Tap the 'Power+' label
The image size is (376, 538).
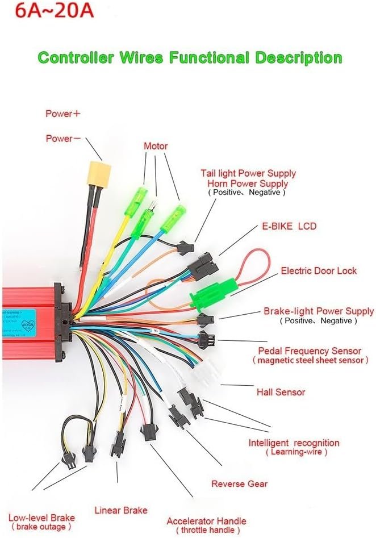(63, 114)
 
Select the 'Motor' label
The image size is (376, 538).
(156, 146)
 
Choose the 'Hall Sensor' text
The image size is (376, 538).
(281, 392)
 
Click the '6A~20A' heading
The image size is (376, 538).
(46, 11)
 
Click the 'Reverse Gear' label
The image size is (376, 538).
(239, 484)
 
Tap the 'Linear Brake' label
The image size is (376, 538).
(120, 510)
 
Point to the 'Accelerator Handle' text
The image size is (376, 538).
(206, 521)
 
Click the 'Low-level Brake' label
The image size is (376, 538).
(41, 518)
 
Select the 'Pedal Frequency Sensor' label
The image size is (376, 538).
(310, 351)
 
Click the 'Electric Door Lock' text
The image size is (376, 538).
(319, 270)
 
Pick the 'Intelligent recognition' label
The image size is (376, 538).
(294, 443)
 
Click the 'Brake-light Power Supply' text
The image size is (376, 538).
(319, 311)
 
